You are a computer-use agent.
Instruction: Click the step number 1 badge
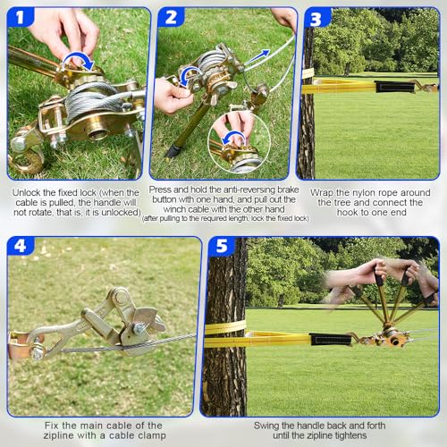(20, 17)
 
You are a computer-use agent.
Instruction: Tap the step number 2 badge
(171, 17)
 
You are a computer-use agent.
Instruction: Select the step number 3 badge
(316, 18)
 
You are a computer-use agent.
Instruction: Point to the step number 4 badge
(21, 246)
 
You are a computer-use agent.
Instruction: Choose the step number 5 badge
(222, 246)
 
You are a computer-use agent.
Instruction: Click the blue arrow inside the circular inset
(235, 138)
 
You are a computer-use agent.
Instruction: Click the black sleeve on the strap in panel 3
(394, 87)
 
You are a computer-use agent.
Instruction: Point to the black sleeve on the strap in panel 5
(330, 340)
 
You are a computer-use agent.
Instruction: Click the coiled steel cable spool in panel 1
(91, 100)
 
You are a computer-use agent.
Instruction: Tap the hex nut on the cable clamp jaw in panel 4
(139, 328)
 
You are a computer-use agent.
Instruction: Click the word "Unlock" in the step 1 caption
(27, 192)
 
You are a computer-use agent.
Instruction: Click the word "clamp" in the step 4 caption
(151, 435)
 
